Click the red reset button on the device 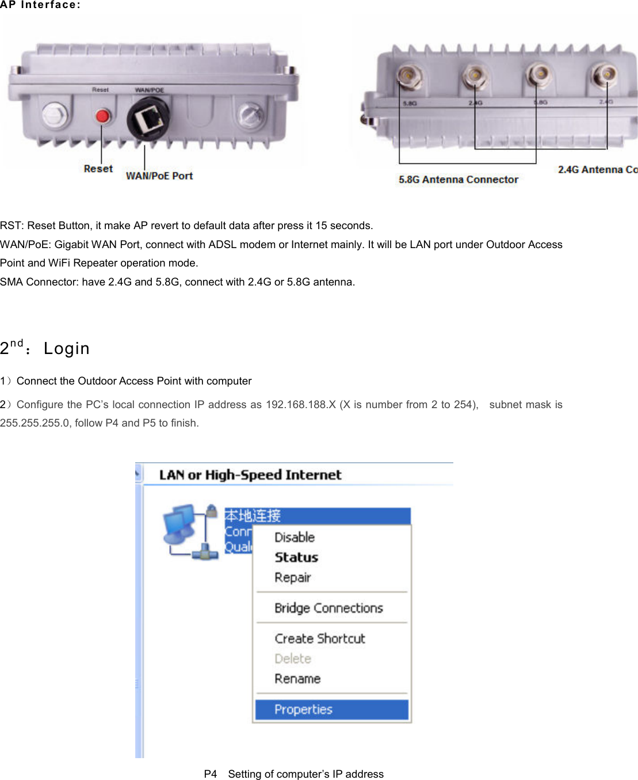(102, 116)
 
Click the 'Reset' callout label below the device (98, 169)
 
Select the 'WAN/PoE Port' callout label (159, 176)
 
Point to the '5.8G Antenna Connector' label (459, 180)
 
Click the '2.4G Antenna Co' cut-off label (597, 169)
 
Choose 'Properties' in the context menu (303, 710)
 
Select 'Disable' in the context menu (295, 537)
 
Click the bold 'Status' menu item (296, 557)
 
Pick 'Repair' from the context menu (292, 577)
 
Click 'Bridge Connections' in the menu (328, 608)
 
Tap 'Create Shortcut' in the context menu (320, 638)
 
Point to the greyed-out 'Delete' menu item (292, 659)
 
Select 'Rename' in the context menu (297, 679)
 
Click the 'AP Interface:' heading (40, 5)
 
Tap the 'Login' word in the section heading (67, 349)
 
